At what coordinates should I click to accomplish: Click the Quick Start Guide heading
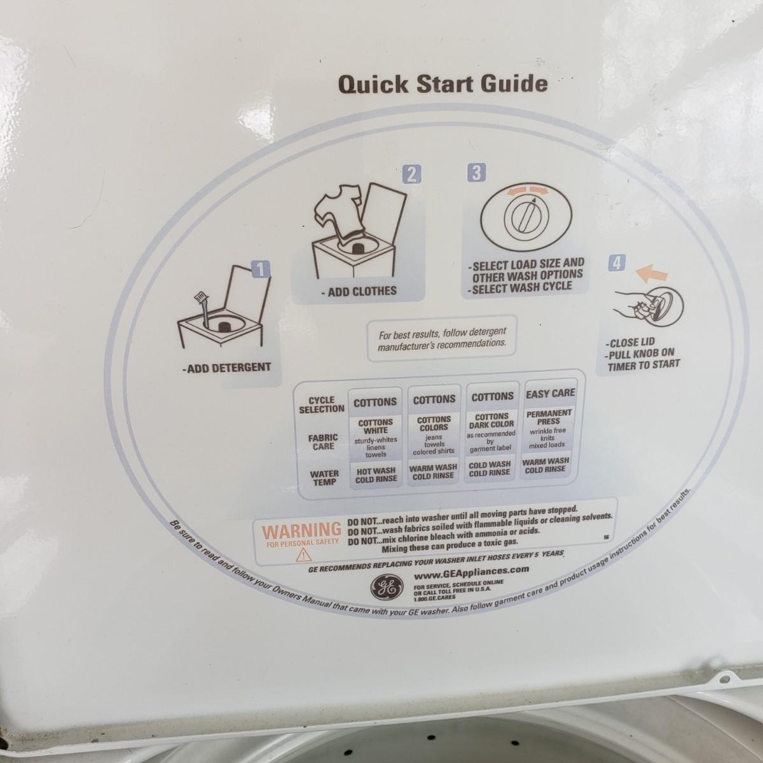(x=443, y=85)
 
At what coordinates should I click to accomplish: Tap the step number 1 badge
(x=261, y=270)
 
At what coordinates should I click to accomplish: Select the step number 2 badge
(x=411, y=174)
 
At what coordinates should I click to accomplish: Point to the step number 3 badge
(x=477, y=173)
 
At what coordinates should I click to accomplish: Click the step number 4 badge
(x=617, y=263)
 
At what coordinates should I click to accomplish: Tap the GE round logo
(x=387, y=588)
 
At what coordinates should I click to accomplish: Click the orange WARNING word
(x=301, y=530)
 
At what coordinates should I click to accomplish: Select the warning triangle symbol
(x=303, y=554)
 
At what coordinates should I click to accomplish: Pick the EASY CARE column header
(x=551, y=394)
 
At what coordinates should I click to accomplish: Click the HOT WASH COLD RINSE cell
(x=376, y=475)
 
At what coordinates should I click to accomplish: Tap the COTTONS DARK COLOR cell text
(x=491, y=420)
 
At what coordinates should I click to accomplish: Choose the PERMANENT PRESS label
(x=549, y=417)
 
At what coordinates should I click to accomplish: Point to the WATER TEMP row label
(x=324, y=478)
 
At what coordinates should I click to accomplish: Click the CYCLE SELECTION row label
(x=322, y=404)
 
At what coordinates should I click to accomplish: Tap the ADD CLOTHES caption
(x=359, y=291)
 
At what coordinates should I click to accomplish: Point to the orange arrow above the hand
(x=651, y=275)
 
